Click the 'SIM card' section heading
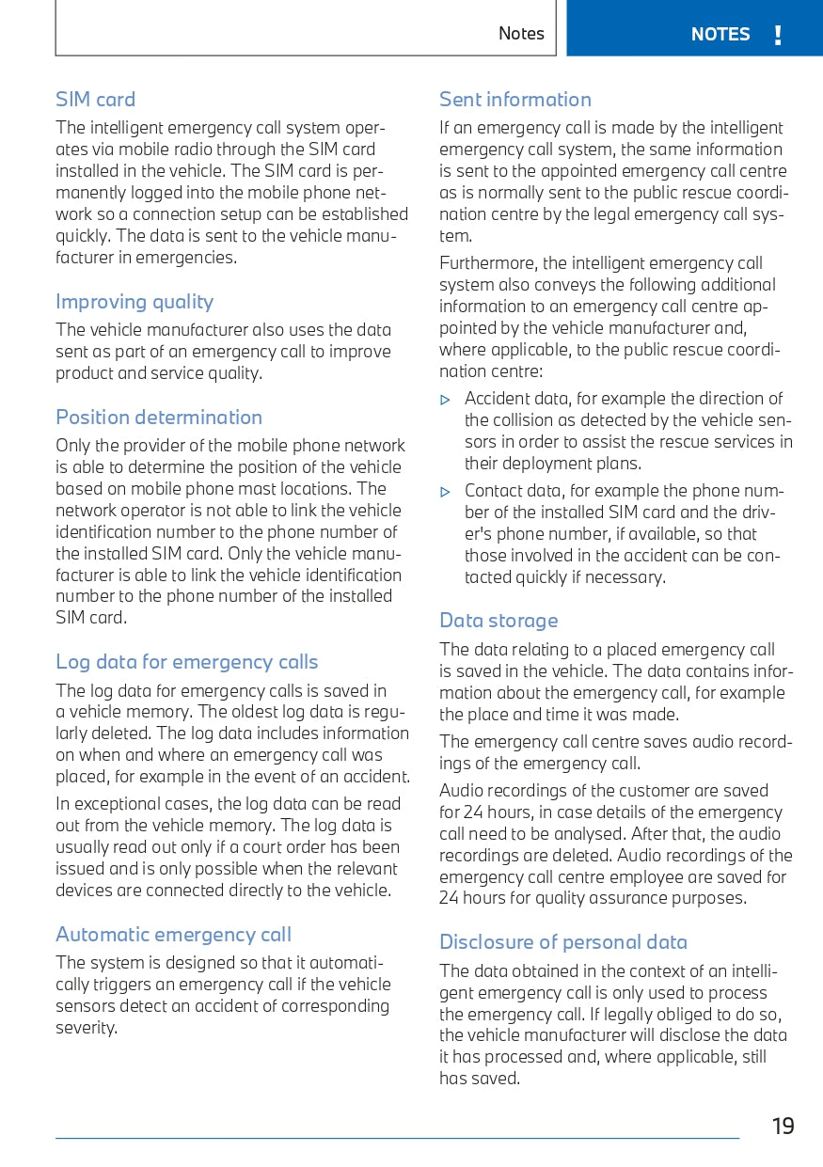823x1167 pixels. tap(95, 100)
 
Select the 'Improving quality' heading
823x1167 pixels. tap(135, 302)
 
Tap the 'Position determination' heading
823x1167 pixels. tap(159, 418)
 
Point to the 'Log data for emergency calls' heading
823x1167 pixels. tap(187, 662)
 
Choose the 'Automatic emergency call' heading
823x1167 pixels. tap(173, 935)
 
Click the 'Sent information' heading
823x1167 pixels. tap(515, 100)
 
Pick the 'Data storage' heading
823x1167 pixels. tap(499, 621)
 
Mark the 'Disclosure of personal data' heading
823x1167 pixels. tap(563, 942)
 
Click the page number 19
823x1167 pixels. tap(783, 1127)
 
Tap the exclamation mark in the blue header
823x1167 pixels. tap(778, 36)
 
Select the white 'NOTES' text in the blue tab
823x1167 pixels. tap(720, 35)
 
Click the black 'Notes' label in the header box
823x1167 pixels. tap(521, 34)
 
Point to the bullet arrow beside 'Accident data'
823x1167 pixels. tap(446, 400)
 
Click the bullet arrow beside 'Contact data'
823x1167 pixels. tap(446, 492)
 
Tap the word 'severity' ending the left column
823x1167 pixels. tap(85, 1028)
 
